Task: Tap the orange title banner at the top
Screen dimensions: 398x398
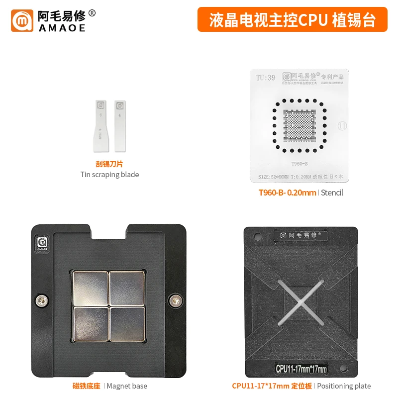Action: click(x=292, y=19)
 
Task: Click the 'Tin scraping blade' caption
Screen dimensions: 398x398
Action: click(x=109, y=175)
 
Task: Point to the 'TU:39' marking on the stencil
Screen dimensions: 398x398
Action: click(x=265, y=78)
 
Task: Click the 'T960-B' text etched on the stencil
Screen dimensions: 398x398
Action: click(x=299, y=163)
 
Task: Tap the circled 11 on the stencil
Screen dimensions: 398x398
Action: click(x=342, y=126)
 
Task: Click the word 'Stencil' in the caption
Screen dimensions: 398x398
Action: click(x=332, y=193)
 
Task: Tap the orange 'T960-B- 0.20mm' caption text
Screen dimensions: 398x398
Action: click(x=287, y=193)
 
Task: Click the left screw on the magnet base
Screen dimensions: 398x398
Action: click(x=42, y=300)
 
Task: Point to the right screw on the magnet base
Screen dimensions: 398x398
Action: click(x=174, y=300)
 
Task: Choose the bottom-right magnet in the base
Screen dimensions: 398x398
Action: click(x=127, y=323)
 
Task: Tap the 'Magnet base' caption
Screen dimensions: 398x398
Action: click(x=126, y=386)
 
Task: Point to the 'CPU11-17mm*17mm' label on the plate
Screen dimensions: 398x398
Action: click(x=301, y=369)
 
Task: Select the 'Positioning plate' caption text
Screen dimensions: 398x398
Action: click(x=344, y=386)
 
